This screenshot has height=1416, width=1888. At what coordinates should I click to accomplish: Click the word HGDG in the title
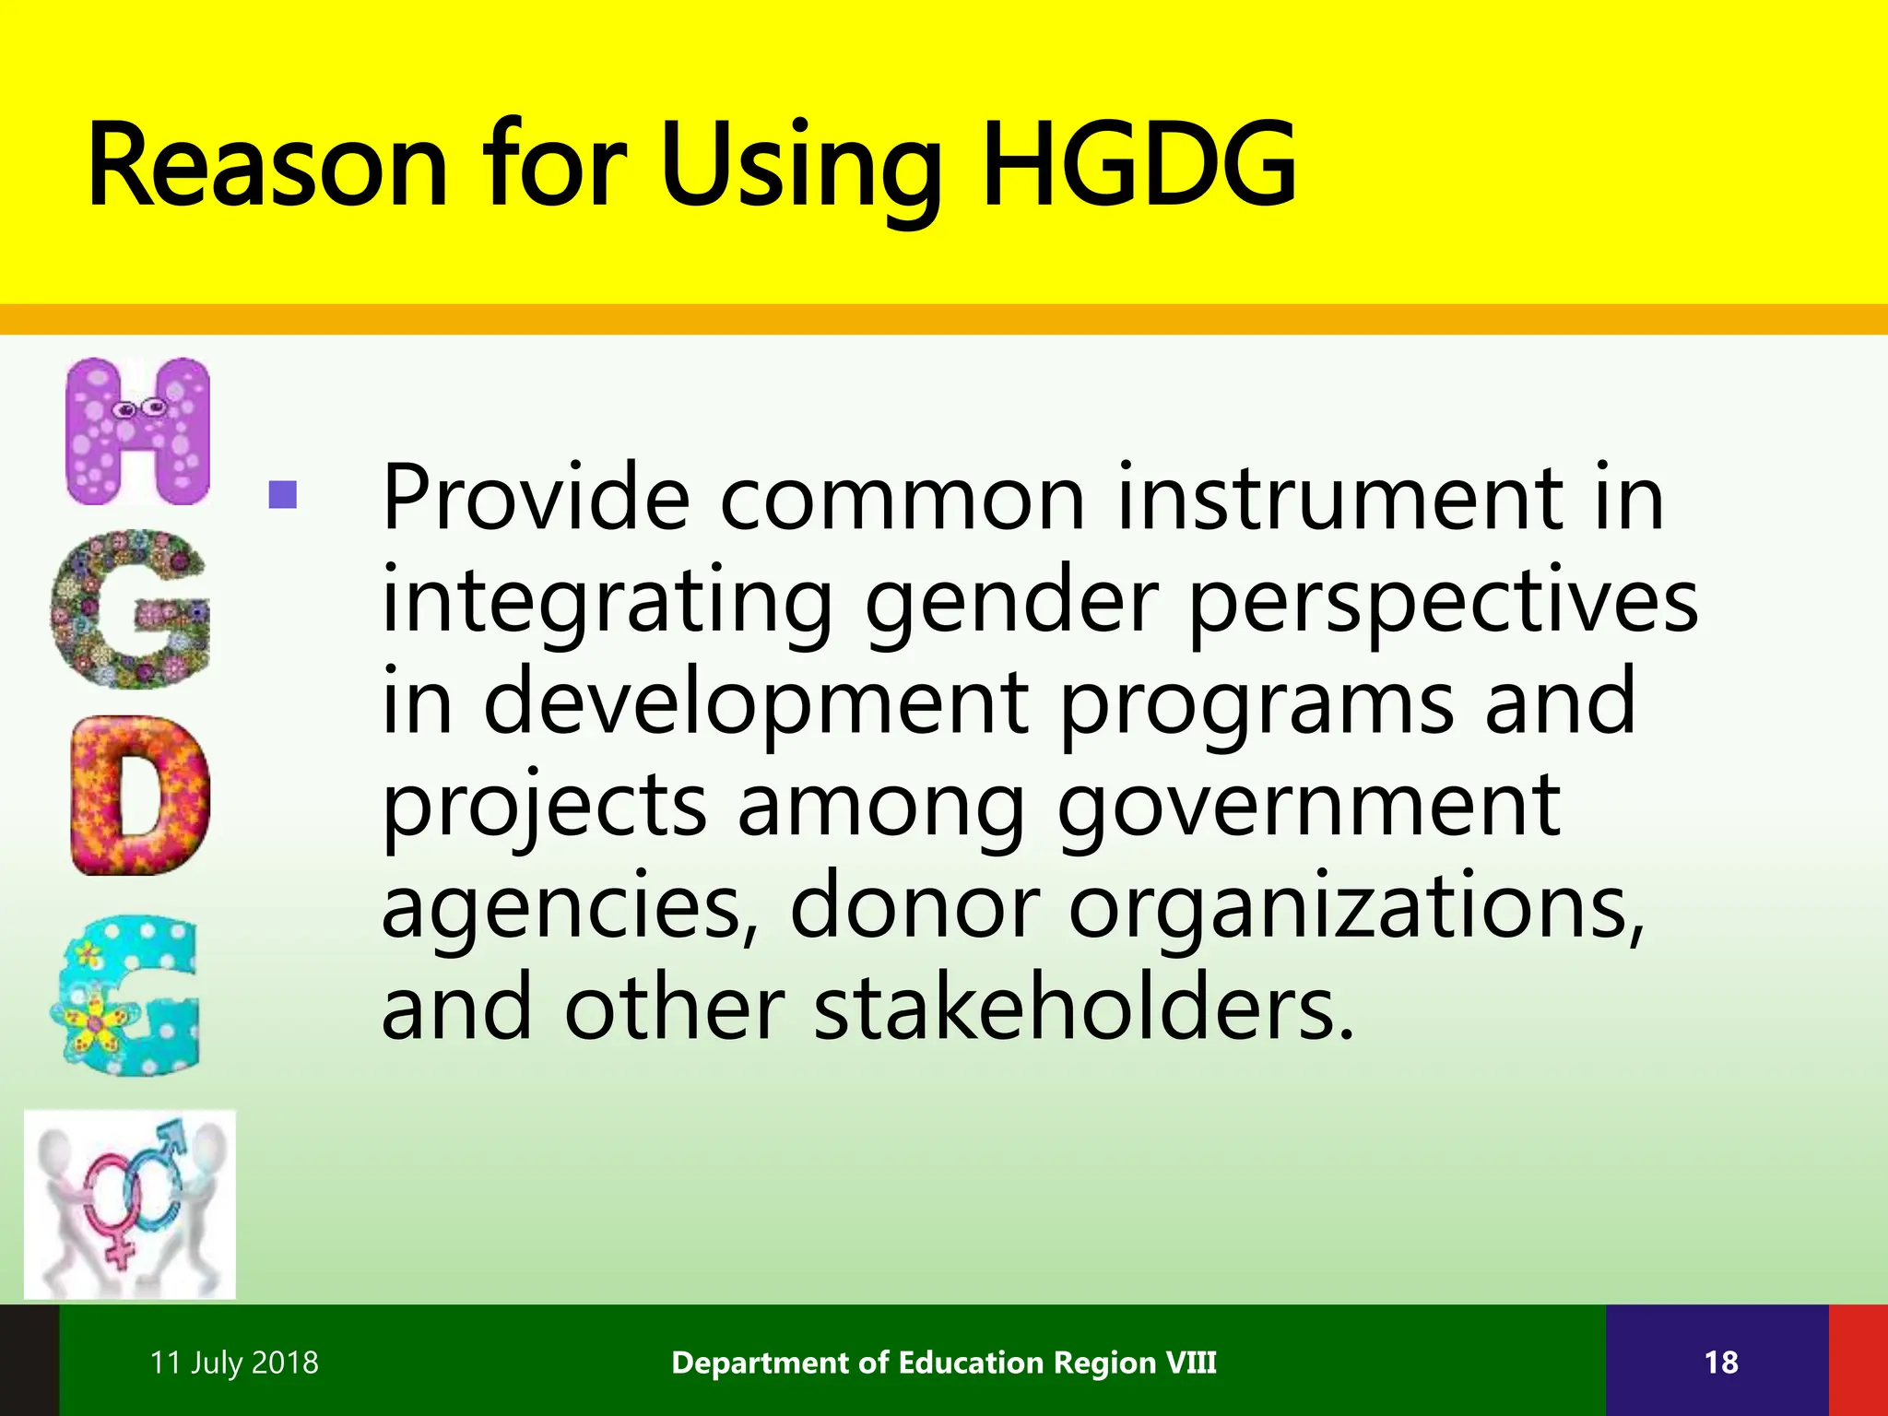pyautogui.click(x=1139, y=166)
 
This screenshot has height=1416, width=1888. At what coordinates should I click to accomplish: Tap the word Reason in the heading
pyautogui.click(x=267, y=166)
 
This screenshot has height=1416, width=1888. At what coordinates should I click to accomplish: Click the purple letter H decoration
pyautogui.click(x=138, y=431)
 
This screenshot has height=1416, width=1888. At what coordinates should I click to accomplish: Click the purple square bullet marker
pyautogui.click(x=282, y=496)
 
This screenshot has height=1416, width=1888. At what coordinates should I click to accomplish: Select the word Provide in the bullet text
pyautogui.click(x=536, y=498)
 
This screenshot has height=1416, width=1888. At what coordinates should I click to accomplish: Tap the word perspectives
pyautogui.click(x=1443, y=601)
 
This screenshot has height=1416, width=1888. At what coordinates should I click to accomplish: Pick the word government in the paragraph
pyautogui.click(x=1308, y=804)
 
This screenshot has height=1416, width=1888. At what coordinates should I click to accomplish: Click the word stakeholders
pyautogui.click(x=1083, y=1009)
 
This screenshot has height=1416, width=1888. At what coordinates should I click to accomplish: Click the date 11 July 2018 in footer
pyautogui.click(x=234, y=1363)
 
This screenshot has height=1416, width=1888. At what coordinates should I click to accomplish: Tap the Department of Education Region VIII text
pyautogui.click(x=944, y=1363)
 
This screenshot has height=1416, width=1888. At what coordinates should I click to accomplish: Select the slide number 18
pyautogui.click(x=1720, y=1363)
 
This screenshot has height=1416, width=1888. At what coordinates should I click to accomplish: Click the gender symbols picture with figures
pyautogui.click(x=129, y=1204)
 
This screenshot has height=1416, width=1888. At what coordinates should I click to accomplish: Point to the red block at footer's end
pyautogui.click(x=1858, y=1361)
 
